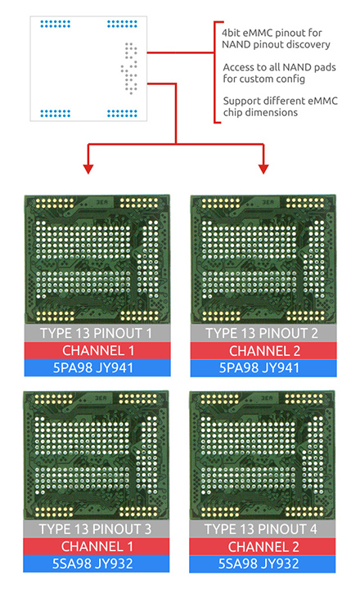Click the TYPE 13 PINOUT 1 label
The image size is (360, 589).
tap(96, 333)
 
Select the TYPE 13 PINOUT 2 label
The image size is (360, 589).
tap(262, 333)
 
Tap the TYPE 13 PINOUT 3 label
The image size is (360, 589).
tap(95, 529)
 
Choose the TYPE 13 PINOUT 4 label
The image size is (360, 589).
tap(261, 529)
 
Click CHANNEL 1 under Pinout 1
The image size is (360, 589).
tap(98, 350)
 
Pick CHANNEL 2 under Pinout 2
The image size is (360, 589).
tap(264, 351)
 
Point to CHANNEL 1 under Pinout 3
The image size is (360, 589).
tap(97, 546)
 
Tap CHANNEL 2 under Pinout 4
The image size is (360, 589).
tap(263, 547)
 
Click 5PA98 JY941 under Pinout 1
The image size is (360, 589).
tap(93, 367)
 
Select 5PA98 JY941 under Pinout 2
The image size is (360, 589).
tap(259, 368)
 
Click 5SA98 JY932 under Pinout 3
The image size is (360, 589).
tap(92, 564)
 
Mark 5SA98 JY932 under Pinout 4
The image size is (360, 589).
tap(259, 564)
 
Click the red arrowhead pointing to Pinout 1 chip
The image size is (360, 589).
tap(88, 169)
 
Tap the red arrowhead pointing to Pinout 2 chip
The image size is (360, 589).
tap(263, 169)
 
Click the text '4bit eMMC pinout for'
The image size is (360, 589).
tap(272, 33)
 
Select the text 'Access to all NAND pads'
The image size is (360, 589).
tap(279, 67)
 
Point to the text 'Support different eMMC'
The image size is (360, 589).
tap(281, 101)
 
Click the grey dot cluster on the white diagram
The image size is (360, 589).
tap(129, 68)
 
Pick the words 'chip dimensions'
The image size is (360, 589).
tap(260, 113)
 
